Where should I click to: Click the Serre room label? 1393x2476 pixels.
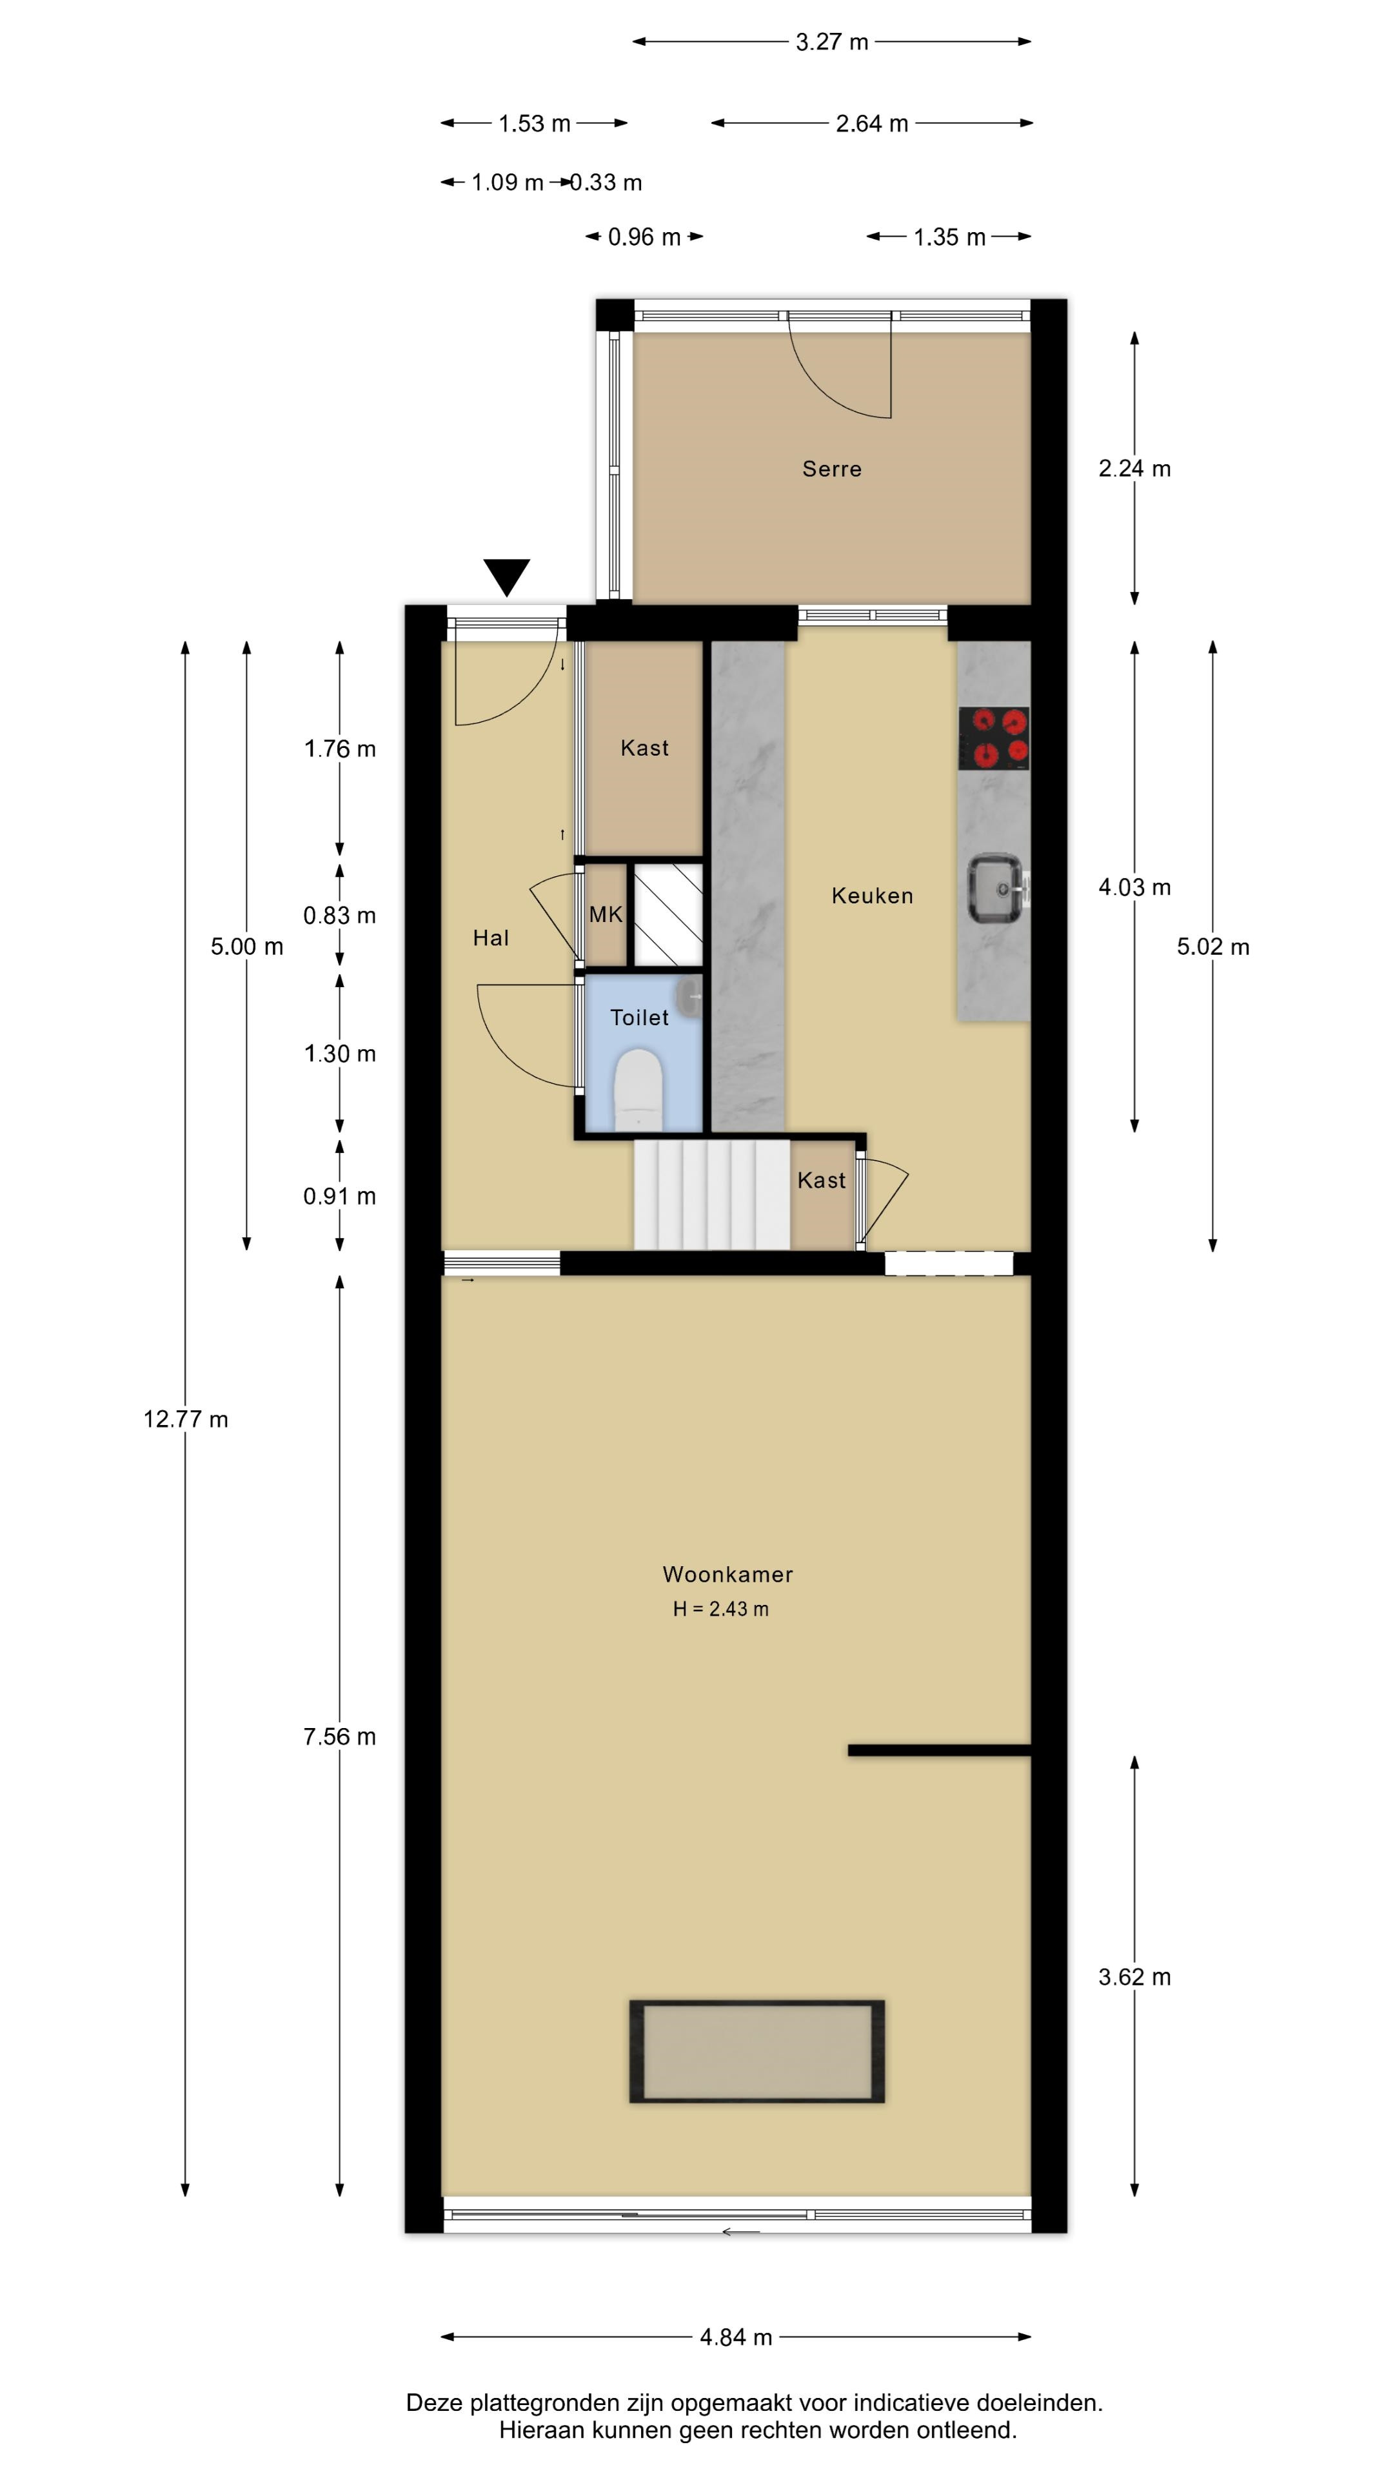tap(831, 469)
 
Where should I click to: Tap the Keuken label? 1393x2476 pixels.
tap(872, 896)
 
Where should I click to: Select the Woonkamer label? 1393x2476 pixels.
tap(727, 1575)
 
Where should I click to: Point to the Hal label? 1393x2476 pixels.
tap(490, 938)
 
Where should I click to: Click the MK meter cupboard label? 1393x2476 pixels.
tap(606, 914)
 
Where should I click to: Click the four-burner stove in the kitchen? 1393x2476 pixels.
tap(994, 738)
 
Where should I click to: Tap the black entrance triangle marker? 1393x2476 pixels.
tap(507, 576)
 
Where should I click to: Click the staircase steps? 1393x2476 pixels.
tap(711, 1195)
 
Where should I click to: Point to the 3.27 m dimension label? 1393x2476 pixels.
tap(831, 41)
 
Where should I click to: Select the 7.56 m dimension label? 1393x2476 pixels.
tap(339, 1736)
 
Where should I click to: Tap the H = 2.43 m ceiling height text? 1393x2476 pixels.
tap(720, 1609)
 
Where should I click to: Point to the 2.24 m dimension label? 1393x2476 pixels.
tap(1134, 468)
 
